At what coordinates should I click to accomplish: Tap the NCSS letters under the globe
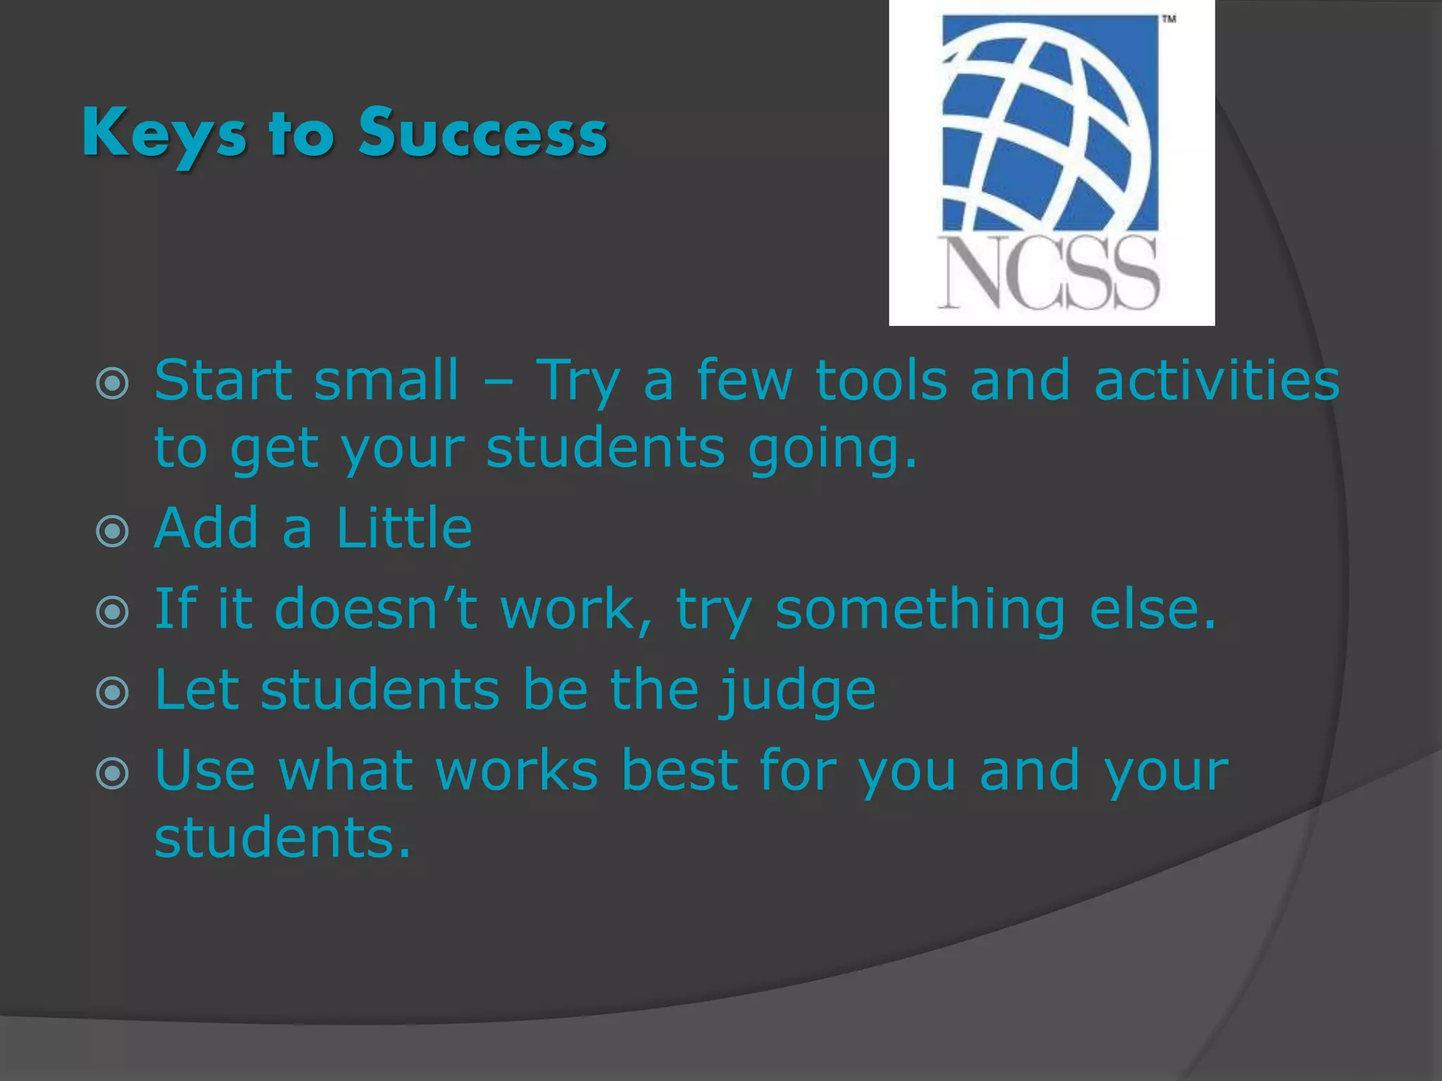pyautogui.click(x=1048, y=273)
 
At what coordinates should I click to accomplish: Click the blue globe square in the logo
pyautogui.click(x=1050, y=123)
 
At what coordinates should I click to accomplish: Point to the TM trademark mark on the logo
pyautogui.click(x=1169, y=19)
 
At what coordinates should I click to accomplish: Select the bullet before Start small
pyautogui.click(x=113, y=383)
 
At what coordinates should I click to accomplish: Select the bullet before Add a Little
pyautogui.click(x=113, y=531)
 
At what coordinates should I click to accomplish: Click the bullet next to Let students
pyautogui.click(x=113, y=693)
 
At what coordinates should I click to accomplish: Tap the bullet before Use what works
pyautogui.click(x=113, y=773)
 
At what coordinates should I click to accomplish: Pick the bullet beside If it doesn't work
pyautogui.click(x=113, y=612)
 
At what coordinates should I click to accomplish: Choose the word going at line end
pyautogui.click(x=831, y=449)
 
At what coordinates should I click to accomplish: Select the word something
pyautogui.click(x=920, y=609)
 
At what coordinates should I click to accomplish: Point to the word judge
pyautogui.click(x=796, y=691)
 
